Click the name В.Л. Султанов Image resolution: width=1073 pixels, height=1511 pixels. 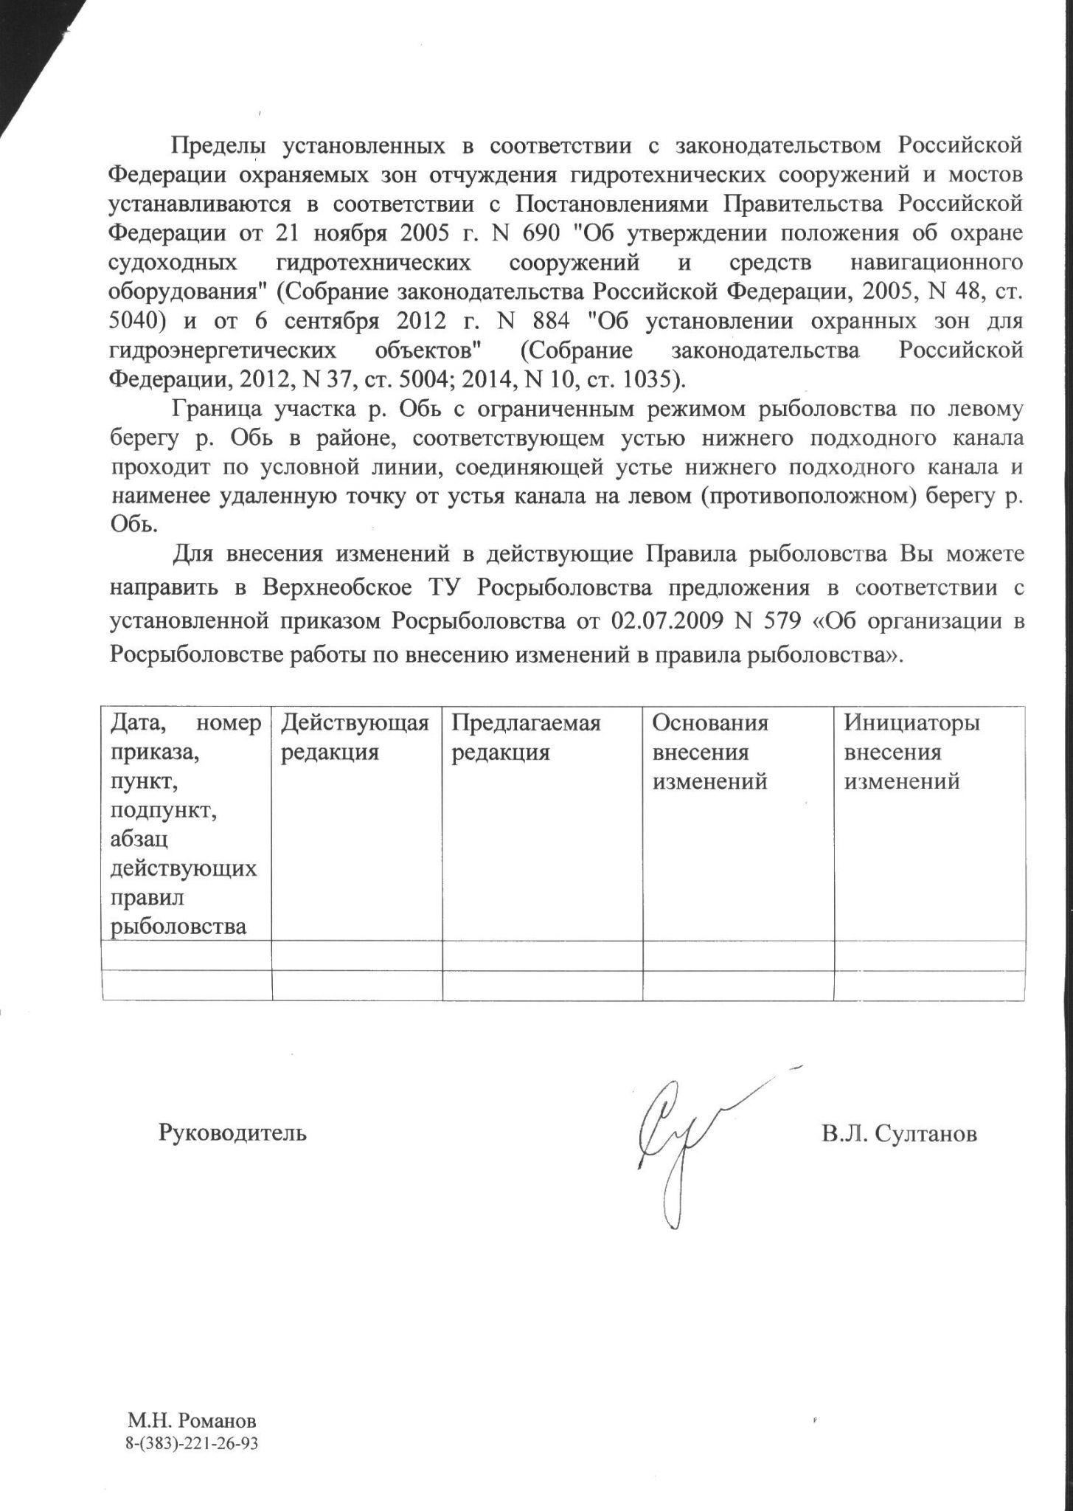point(899,1133)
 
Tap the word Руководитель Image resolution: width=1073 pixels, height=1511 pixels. point(232,1133)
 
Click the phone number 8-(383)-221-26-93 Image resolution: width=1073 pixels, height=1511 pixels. point(192,1443)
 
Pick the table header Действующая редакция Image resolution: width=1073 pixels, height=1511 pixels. point(355,738)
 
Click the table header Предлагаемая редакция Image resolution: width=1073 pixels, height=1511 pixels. point(526,738)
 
